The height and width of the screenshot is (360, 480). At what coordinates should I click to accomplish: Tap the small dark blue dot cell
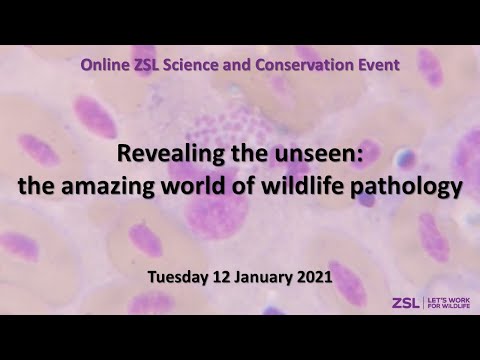pos(405,157)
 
